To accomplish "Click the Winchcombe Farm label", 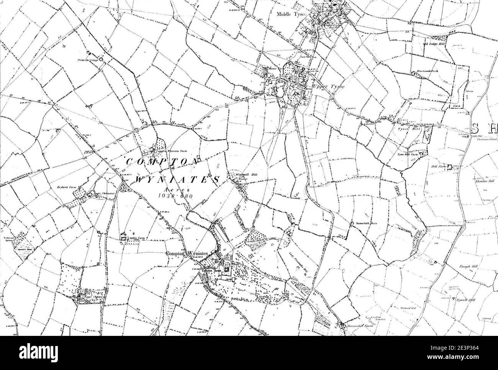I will (x=427, y=72).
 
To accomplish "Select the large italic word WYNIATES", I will (x=177, y=180).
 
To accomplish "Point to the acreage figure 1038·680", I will (x=175, y=196).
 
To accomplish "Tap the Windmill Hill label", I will (x=241, y=175).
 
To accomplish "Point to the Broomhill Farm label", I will (x=358, y=325).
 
